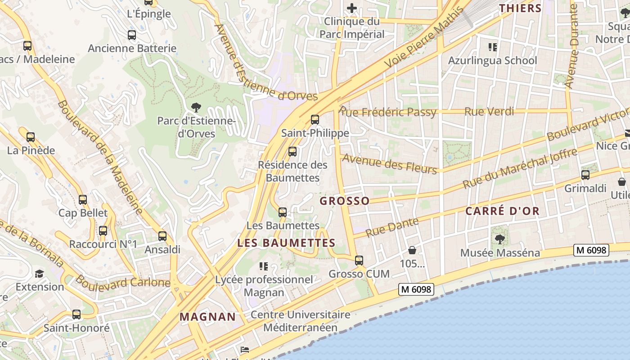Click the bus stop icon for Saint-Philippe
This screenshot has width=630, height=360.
pyautogui.click(x=315, y=120)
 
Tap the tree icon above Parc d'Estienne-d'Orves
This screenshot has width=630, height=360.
pyautogui.click(x=196, y=107)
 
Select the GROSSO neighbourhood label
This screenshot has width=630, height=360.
pyautogui.click(x=345, y=201)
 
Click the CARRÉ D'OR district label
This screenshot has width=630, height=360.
pyautogui.click(x=502, y=211)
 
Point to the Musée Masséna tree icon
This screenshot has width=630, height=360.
pyautogui.click(x=499, y=239)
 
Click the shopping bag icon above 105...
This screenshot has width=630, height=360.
pyautogui.click(x=412, y=250)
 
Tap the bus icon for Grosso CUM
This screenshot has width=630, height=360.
pyautogui.click(x=359, y=261)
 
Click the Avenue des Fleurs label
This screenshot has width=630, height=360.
pyautogui.click(x=390, y=164)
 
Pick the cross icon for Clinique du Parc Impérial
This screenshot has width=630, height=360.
pyautogui.click(x=352, y=8)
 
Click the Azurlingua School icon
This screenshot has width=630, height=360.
pyautogui.click(x=492, y=47)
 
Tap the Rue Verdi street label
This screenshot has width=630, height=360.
pyautogui.click(x=489, y=112)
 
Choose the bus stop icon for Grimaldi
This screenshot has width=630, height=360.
pyautogui.click(x=585, y=175)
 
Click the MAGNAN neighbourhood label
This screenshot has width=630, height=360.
pyautogui.click(x=208, y=317)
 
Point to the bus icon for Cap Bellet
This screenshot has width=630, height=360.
pyautogui.click(x=83, y=200)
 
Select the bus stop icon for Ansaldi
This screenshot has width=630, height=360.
pyautogui.click(x=162, y=236)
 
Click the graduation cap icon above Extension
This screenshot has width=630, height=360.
pyautogui.click(x=40, y=274)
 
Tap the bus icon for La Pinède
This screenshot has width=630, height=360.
pyautogui.click(x=31, y=137)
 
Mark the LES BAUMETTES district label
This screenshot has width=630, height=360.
pyautogui.click(x=286, y=243)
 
